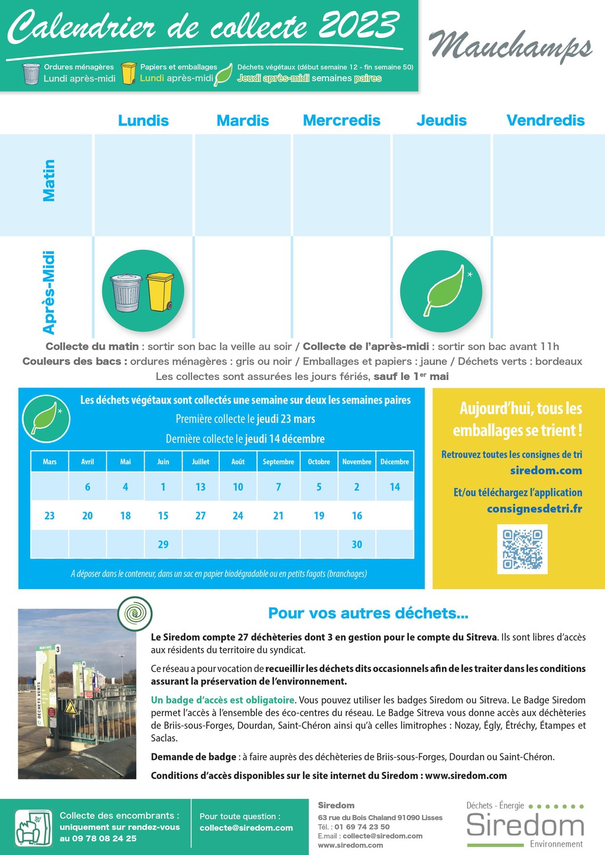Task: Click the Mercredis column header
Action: (x=341, y=121)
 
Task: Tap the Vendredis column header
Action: (x=545, y=121)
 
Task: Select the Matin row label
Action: (x=49, y=181)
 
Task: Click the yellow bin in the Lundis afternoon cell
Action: (x=160, y=291)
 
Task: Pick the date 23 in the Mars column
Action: (x=50, y=516)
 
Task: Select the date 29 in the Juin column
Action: (x=163, y=544)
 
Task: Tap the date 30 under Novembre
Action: (x=357, y=544)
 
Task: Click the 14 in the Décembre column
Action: (x=395, y=487)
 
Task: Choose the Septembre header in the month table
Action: (x=278, y=461)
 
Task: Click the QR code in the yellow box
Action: (x=522, y=550)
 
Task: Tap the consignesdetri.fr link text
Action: (x=534, y=509)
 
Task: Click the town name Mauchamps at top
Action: (x=510, y=45)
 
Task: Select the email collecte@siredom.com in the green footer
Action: (x=246, y=828)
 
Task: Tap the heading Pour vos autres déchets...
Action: (x=368, y=613)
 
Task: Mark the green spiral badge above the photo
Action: (x=135, y=613)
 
